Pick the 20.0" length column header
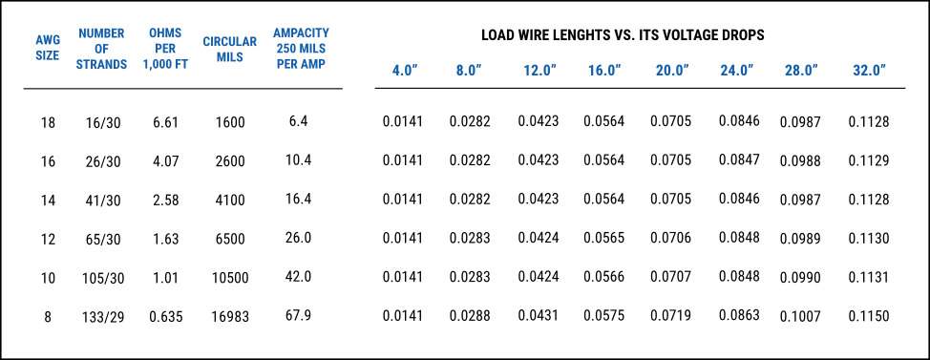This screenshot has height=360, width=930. (670, 71)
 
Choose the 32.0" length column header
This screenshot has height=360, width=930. (868, 71)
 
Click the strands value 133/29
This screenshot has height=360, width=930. (102, 316)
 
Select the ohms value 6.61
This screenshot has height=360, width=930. (166, 122)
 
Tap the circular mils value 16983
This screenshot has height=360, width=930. (230, 316)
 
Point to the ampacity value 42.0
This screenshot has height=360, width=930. (299, 276)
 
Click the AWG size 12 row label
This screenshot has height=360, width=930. (48, 238)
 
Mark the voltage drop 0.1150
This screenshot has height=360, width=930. (868, 316)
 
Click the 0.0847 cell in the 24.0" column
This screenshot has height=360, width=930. (739, 160)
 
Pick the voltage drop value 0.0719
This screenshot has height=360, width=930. (670, 315)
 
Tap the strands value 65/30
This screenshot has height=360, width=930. (102, 238)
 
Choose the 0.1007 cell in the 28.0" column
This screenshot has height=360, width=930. (800, 316)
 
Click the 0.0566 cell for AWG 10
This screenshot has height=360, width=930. (604, 277)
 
